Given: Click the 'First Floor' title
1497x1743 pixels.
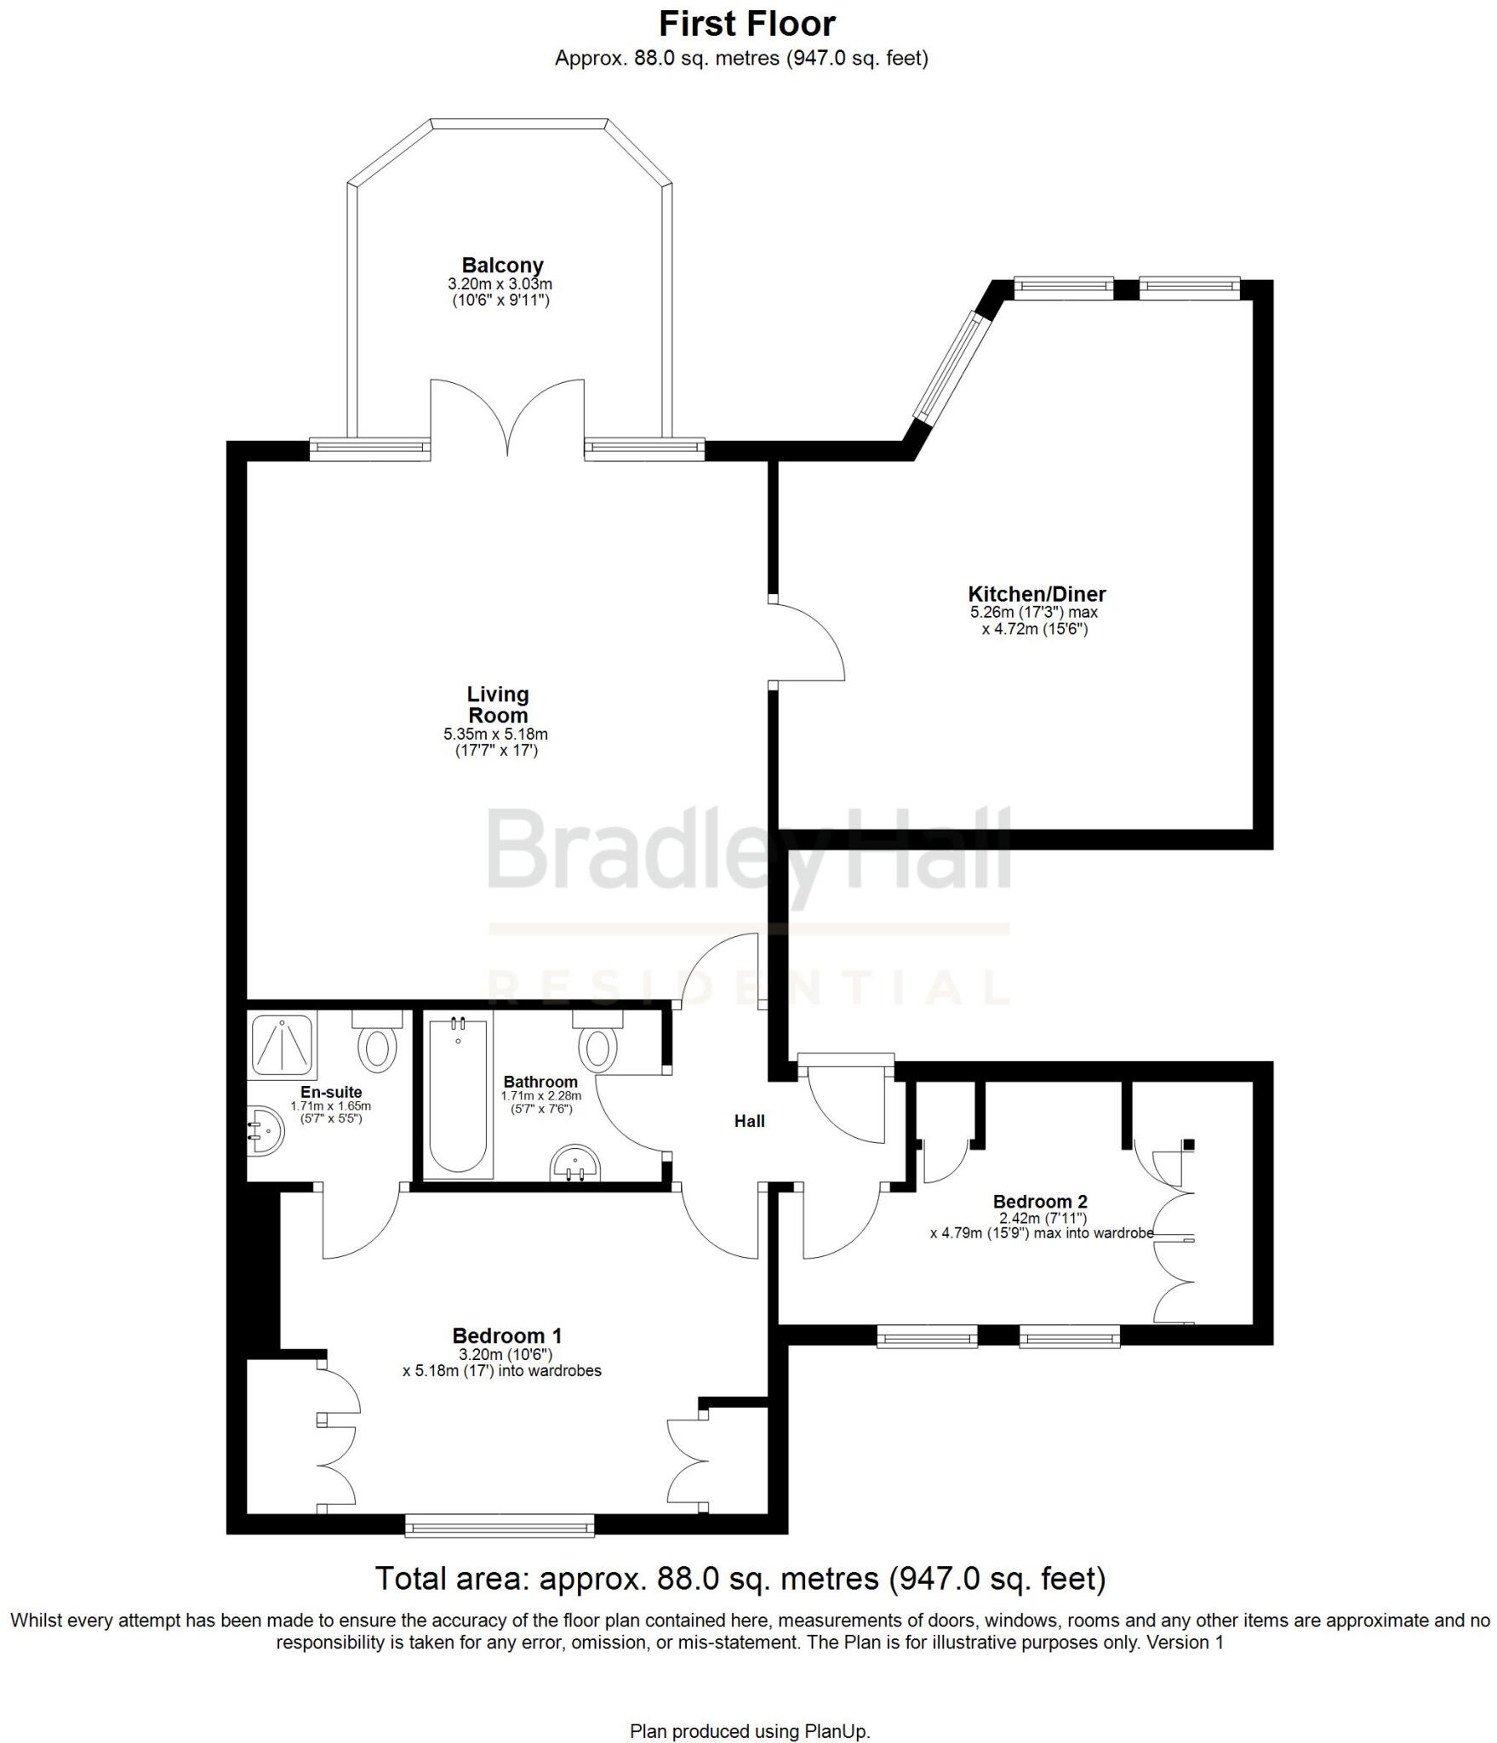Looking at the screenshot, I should [747, 24].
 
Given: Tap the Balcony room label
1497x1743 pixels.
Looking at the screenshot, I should [502, 266].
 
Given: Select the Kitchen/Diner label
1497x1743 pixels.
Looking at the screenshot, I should [1037, 594].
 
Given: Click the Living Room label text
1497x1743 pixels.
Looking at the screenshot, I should [498, 705].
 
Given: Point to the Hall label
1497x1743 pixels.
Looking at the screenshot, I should [749, 1122].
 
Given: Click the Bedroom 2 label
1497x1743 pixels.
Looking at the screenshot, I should [1040, 1202].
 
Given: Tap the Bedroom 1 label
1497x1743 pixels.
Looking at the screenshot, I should [506, 1335].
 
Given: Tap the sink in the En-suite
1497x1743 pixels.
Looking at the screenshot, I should [266, 1132].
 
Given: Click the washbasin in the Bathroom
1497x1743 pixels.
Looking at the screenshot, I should [575, 1164].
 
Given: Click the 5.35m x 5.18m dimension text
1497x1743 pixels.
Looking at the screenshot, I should [495, 734].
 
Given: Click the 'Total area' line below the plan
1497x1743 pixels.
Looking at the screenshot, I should [740, 1579].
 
